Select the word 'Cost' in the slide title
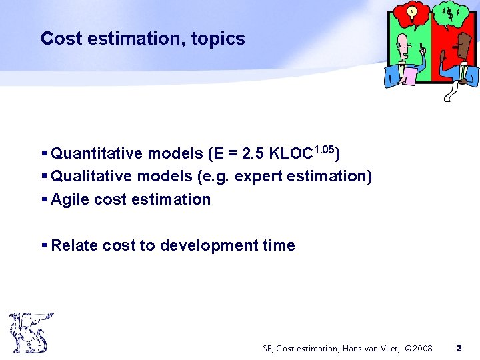(x=56, y=39)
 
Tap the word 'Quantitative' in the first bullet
(x=97, y=154)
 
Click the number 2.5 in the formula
(x=254, y=154)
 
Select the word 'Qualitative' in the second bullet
(x=93, y=177)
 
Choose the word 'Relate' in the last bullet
(x=75, y=245)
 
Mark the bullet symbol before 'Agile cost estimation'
(x=45, y=199)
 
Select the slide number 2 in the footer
(x=459, y=348)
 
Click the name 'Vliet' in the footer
(x=384, y=348)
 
